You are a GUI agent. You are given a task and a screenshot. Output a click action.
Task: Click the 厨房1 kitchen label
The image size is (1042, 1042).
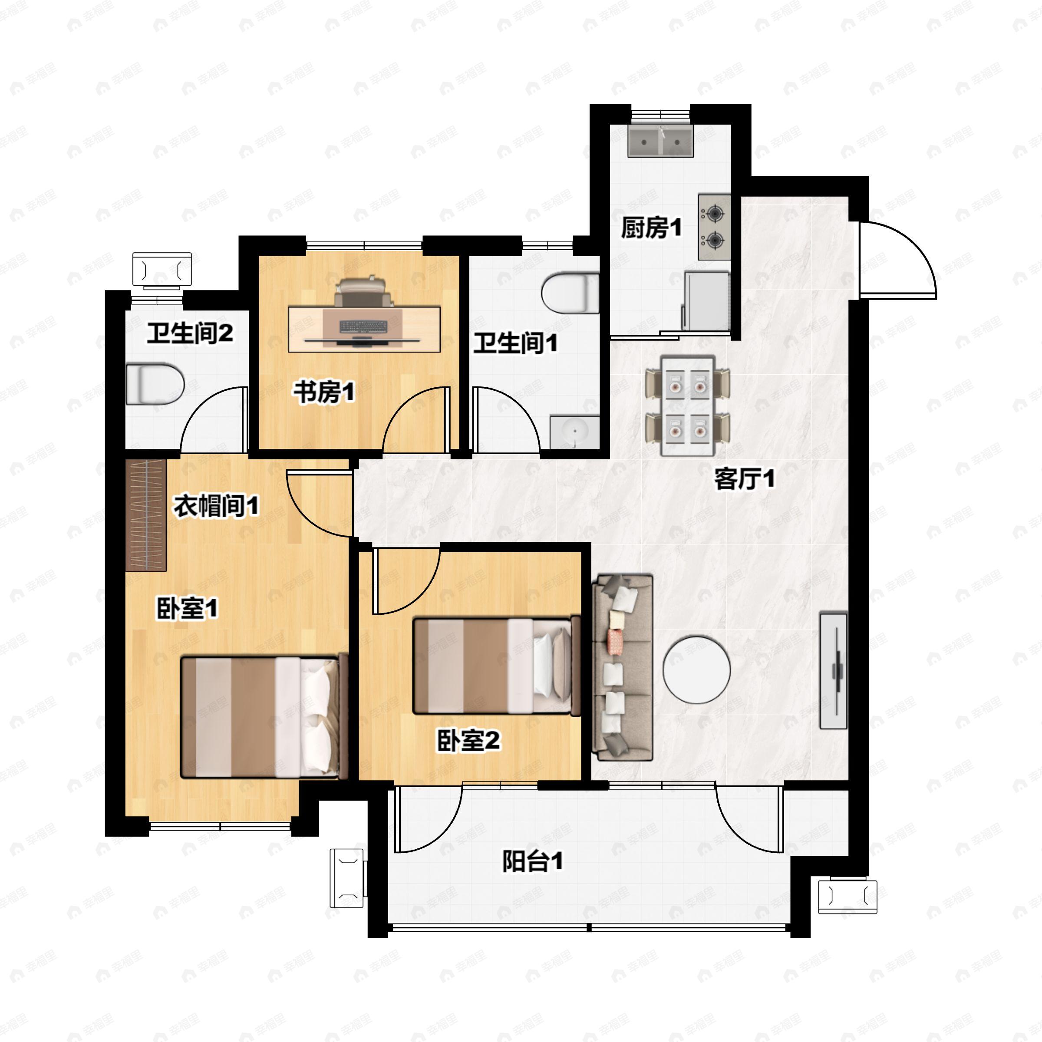click(x=651, y=228)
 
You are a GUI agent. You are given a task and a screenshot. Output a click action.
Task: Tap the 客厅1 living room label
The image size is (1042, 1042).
click(x=744, y=478)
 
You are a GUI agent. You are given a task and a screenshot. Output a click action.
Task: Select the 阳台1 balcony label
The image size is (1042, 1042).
click(x=532, y=861)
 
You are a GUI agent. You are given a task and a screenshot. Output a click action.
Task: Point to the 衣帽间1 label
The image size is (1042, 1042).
click(x=216, y=506)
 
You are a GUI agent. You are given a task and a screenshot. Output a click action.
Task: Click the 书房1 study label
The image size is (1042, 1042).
click(x=324, y=392)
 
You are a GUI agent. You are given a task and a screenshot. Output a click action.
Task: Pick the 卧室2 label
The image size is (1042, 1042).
click(x=468, y=741)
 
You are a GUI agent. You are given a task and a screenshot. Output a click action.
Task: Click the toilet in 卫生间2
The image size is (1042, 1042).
click(x=155, y=384)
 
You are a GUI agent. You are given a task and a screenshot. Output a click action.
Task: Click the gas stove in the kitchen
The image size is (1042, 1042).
click(x=715, y=227)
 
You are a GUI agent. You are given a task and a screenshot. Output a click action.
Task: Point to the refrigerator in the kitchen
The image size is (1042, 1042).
click(x=706, y=300)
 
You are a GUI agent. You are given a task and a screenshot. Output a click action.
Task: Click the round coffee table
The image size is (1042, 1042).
click(x=696, y=670)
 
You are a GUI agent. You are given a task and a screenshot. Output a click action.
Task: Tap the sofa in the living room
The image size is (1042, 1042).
click(x=623, y=668)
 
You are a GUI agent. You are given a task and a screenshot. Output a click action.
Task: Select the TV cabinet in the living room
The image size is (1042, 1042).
click(x=833, y=670)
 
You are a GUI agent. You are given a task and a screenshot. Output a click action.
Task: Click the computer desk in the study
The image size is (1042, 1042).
click(x=364, y=329)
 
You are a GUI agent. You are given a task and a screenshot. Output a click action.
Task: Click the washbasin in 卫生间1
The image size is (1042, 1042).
click(x=575, y=432)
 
